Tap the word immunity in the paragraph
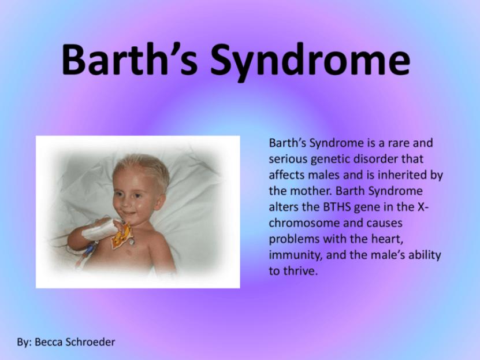tap(295, 255)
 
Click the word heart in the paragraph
tap(386, 239)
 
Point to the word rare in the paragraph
tap(398, 143)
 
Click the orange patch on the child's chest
tap(122, 235)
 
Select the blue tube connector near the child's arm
tap(89, 249)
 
